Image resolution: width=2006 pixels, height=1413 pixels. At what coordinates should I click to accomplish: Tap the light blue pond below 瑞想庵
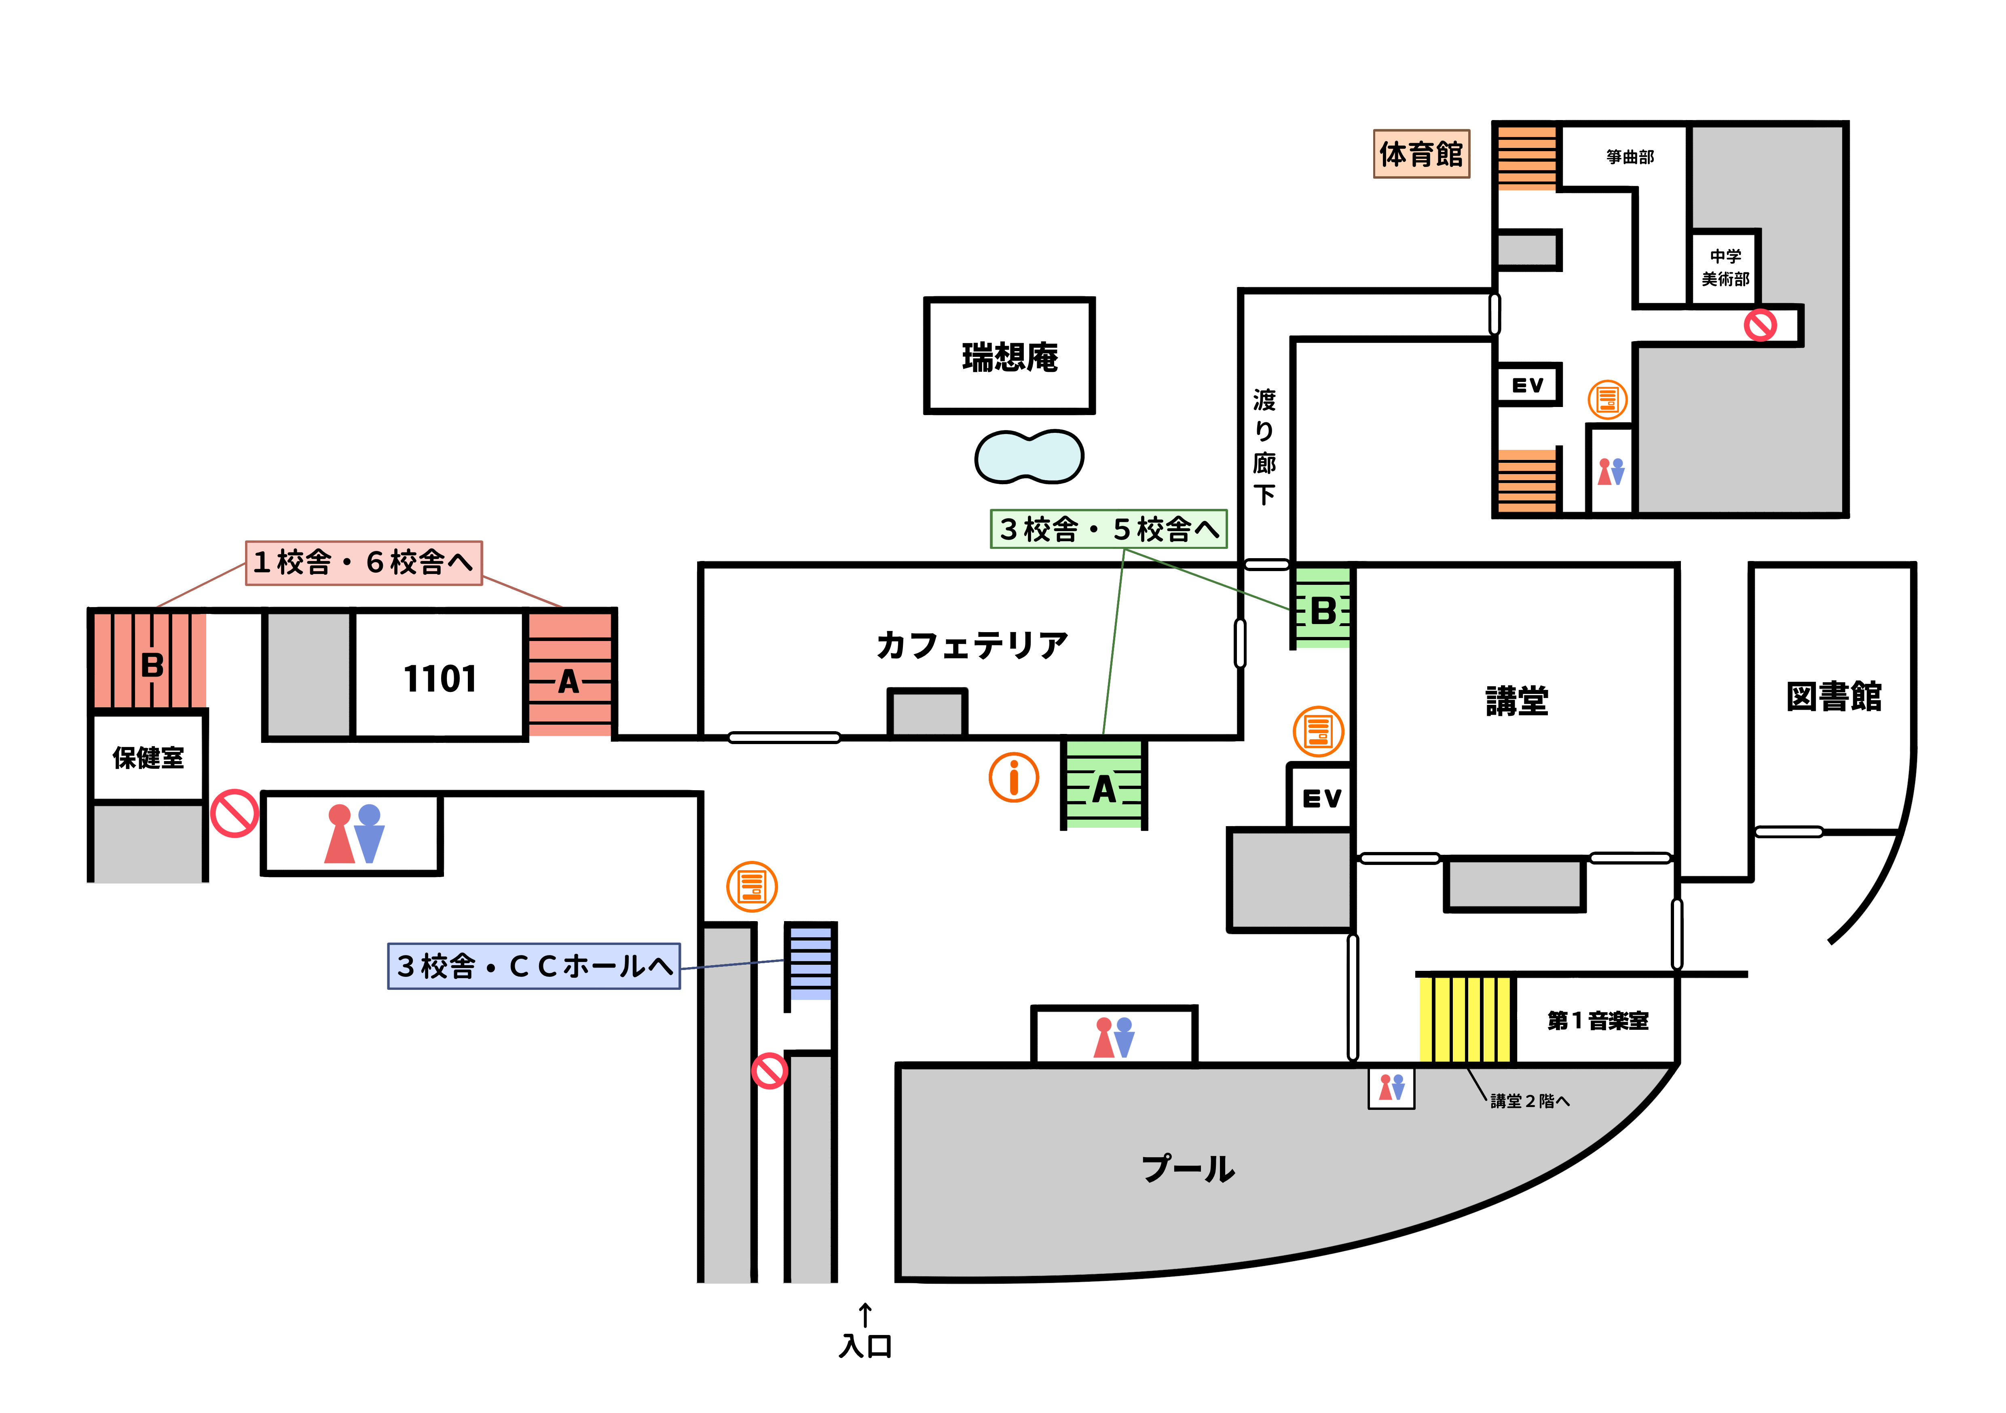(1029, 457)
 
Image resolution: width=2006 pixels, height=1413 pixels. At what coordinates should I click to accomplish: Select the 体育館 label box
(1421, 154)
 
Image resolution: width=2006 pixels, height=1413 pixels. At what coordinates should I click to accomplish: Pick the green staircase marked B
(1322, 608)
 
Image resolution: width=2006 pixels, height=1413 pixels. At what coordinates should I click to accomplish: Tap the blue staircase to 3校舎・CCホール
(811, 962)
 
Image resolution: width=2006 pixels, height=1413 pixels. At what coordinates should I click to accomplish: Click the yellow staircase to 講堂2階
(1466, 1019)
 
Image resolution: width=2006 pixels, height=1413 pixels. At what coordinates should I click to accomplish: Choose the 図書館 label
(1833, 696)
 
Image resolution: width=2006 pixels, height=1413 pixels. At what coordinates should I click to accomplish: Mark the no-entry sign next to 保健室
(234, 813)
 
